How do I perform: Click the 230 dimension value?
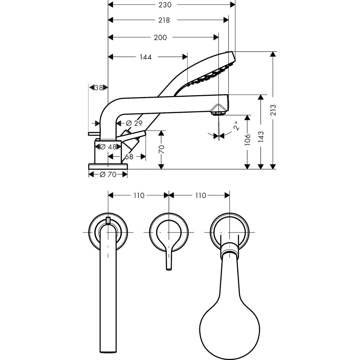pos(165,5)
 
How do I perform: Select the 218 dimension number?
pos(164,20)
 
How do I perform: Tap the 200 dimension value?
pos(160,37)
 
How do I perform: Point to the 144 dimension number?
pos(145,57)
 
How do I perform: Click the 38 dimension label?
pos(99,87)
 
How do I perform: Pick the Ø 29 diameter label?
pos(134,123)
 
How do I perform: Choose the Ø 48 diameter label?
pos(108,147)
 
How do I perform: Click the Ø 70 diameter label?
pos(108,175)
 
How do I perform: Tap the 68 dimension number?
pos(129,157)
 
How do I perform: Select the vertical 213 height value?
pos(273,110)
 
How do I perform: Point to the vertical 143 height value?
pos(261,137)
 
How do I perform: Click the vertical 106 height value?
pos(247,140)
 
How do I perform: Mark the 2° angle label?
pos(236,126)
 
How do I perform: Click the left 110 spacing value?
pos(139,196)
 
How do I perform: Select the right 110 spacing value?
pos(200,196)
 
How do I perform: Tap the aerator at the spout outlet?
pos(218,113)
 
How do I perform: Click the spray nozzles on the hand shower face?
pos(211,76)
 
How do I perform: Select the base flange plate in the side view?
pos(108,166)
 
